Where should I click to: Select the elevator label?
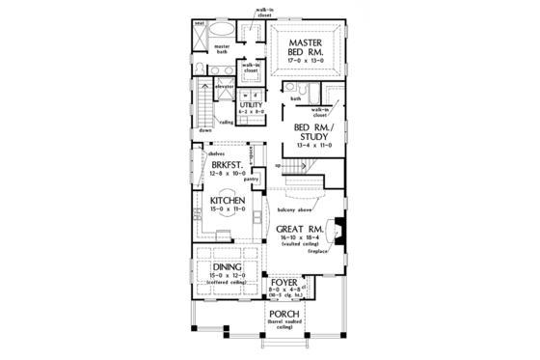click(227, 87)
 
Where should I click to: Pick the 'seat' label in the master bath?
click(199, 20)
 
